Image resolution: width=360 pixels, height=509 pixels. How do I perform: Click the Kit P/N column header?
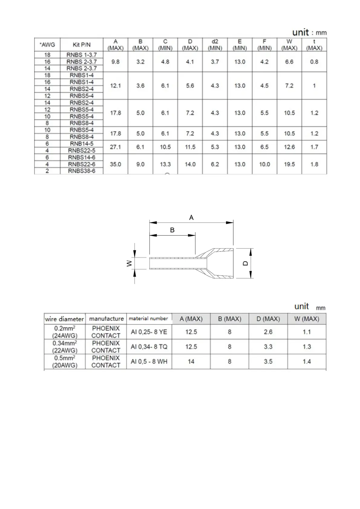[x=82, y=45]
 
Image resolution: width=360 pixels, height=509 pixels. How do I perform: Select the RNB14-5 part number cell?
[x=82, y=144]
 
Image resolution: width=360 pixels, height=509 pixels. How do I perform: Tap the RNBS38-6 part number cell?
[x=82, y=171]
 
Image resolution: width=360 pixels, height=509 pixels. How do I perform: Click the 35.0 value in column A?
[x=116, y=164]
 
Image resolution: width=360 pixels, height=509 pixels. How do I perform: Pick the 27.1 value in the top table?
[x=116, y=147]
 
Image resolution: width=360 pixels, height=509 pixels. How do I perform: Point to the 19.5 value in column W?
[x=289, y=164]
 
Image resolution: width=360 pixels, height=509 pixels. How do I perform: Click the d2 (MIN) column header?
[x=215, y=45]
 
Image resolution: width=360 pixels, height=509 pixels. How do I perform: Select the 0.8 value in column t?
[x=314, y=62]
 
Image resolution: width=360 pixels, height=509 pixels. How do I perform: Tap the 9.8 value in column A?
[x=116, y=62]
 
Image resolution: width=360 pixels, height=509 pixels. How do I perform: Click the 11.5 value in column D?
[x=190, y=147]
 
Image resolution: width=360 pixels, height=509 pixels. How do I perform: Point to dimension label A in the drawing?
[x=191, y=217]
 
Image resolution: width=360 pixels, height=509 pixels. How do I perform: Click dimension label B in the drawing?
[x=172, y=230]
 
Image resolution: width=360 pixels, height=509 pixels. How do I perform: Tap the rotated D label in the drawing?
[x=245, y=263]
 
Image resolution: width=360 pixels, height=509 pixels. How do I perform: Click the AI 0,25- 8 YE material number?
[x=149, y=332]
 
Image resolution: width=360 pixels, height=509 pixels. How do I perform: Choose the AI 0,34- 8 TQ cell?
[x=149, y=347]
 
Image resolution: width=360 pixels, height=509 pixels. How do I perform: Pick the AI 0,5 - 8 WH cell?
[x=149, y=361]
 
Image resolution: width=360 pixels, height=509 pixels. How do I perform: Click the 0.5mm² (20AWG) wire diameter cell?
[x=65, y=361]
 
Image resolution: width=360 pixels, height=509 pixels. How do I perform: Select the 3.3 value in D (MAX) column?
[x=268, y=347]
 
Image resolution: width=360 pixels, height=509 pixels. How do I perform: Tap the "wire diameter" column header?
[x=64, y=319]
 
